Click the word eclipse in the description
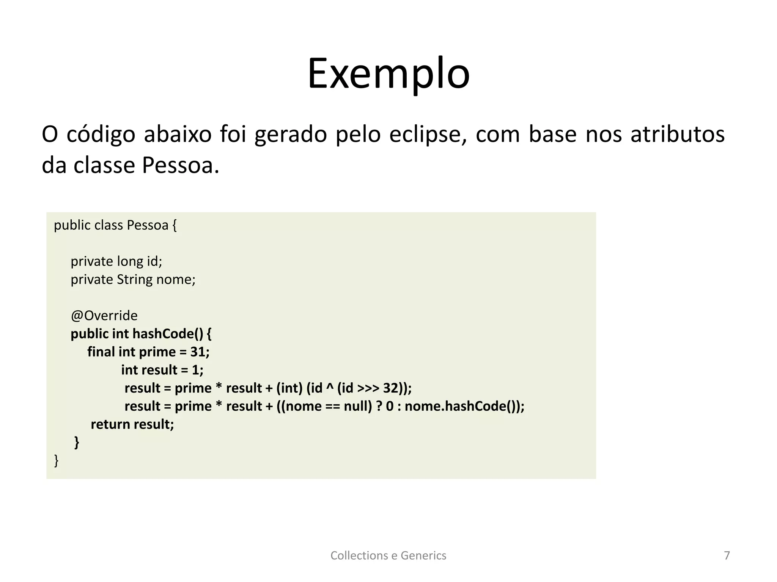point(428,135)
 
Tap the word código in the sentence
point(101,135)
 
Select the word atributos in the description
point(678,135)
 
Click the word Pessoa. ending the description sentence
point(181,166)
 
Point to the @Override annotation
point(104,316)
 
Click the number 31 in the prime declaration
point(198,352)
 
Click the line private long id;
point(116,261)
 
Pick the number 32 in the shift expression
point(390,388)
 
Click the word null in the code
point(358,406)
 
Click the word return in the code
point(110,424)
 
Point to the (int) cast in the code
point(289,388)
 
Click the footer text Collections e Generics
point(388,555)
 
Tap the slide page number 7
point(727,555)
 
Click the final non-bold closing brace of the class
point(57,460)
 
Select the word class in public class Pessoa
point(109,225)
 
